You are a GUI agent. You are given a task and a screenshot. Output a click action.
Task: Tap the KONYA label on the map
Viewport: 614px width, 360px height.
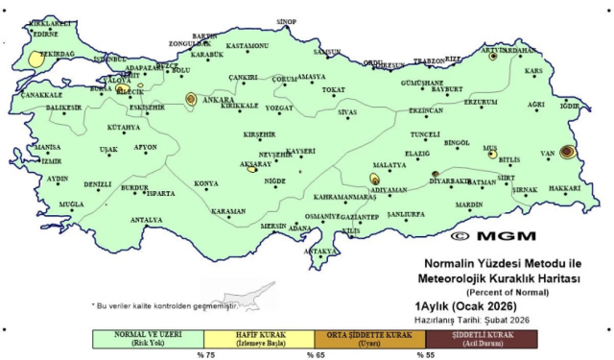[206, 182]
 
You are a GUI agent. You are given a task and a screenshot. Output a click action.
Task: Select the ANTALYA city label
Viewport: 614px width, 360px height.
[146, 220]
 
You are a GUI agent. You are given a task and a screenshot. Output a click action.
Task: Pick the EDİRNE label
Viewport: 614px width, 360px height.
[45, 34]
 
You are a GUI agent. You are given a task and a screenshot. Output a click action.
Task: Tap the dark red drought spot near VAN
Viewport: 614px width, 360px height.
[567, 152]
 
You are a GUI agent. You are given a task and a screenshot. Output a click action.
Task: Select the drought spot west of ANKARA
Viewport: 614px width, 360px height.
[191, 98]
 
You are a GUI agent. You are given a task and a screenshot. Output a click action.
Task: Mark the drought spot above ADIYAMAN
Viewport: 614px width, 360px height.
[375, 179]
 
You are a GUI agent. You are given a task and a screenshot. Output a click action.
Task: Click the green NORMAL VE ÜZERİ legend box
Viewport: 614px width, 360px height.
[148, 339]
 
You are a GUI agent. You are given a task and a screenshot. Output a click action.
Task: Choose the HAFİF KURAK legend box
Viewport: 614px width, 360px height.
[259, 339]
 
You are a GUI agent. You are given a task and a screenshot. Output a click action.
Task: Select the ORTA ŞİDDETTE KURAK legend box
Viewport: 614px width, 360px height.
[369, 339]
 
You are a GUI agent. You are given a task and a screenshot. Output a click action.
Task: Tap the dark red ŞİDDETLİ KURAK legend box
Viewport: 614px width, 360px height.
[481, 339]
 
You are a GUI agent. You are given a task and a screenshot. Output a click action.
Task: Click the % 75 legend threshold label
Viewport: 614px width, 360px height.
[203, 354]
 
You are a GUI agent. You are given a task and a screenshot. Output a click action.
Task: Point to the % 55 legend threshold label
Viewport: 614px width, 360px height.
[425, 354]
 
